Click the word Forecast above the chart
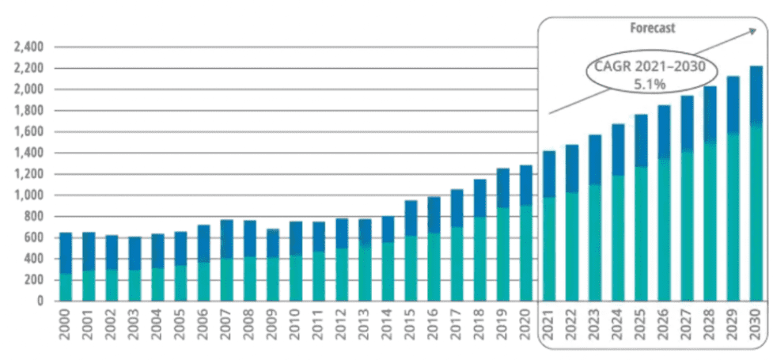(x=652, y=28)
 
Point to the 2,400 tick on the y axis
(x=28, y=47)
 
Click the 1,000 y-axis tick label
(x=28, y=195)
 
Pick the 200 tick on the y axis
(x=33, y=280)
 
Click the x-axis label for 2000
(x=66, y=326)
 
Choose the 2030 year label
(x=756, y=326)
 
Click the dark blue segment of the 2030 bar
(x=756, y=95)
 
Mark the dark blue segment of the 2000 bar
(x=66, y=252)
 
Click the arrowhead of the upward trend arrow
(x=752, y=31)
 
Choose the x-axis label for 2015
(x=411, y=326)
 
